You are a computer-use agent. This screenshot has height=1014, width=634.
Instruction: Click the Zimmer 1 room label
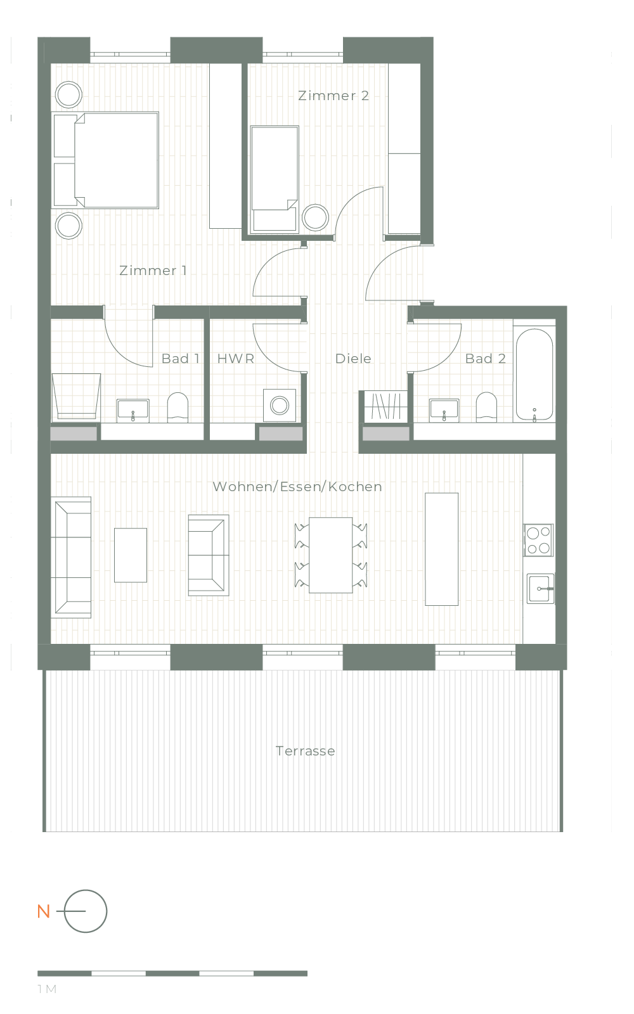153,271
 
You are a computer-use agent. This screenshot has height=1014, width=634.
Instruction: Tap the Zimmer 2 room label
333,96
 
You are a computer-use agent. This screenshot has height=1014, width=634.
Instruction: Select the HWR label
235,359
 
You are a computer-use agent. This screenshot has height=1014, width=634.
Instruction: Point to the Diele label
353,359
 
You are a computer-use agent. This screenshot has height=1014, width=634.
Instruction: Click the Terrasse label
305,751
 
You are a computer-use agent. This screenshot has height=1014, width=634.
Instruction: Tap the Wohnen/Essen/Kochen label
297,487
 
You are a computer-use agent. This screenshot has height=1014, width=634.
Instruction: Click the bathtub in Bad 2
534,375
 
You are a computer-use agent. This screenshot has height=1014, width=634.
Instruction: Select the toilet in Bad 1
178,408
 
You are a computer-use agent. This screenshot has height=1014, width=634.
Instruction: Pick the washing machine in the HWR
280,405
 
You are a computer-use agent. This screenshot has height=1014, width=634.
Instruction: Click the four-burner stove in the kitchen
538,540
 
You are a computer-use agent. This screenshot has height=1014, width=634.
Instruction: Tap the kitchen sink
540,589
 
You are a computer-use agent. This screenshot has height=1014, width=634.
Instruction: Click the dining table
330,555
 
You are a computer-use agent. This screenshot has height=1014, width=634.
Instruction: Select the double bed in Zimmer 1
105,160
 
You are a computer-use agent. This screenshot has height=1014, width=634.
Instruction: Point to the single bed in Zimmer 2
275,179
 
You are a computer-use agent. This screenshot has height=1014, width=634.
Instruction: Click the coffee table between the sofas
131,555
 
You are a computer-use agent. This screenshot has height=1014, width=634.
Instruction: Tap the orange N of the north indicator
44,911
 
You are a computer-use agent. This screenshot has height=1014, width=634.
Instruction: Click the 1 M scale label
47,989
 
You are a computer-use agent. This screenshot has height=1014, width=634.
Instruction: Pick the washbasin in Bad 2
444,410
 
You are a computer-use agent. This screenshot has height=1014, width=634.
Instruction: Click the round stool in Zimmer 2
315,217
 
